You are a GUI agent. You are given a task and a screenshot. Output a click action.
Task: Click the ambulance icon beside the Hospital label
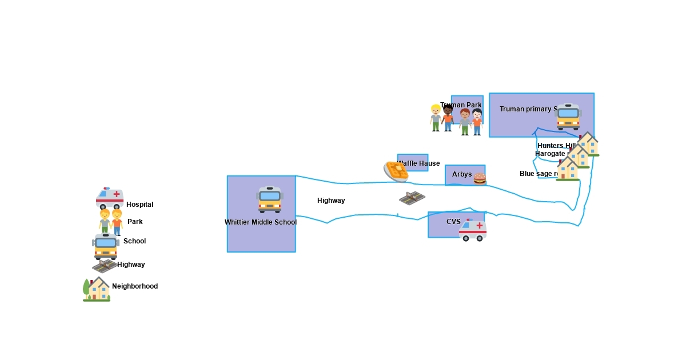(x=110, y=198)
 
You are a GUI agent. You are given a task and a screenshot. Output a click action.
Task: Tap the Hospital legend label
(x=139, y=205)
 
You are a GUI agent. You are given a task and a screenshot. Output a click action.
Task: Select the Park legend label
(x=135, y=222)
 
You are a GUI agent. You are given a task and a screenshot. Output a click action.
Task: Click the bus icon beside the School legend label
(x=105, y=246)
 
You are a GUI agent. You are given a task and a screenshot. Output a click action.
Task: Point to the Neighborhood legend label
(x=135, y=286)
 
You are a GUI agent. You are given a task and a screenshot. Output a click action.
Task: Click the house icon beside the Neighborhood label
(x=97, y=289)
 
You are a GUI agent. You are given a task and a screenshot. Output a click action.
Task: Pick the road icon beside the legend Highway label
(x=104, y=266)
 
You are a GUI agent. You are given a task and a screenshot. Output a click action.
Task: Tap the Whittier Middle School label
(x=261, y=222)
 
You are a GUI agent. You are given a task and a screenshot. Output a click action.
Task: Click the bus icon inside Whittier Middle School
(x=270, y=199)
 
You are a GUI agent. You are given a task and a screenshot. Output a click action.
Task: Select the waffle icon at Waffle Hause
(x=396, y=171)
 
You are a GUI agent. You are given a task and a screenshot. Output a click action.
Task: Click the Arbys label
(x=462, y=174)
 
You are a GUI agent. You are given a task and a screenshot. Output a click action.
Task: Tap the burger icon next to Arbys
(x=480, y=179)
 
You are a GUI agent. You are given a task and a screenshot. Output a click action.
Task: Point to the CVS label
(x=453, y=222)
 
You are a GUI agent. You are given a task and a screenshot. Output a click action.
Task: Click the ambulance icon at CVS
(x=473, y=230)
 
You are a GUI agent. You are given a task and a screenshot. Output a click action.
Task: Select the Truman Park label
(x=461, y=105)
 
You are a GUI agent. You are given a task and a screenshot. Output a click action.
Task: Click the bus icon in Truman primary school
(x=568, y=117)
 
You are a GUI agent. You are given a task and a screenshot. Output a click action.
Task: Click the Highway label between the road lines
(x=331, y=201)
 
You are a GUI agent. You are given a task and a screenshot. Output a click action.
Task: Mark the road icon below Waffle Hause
(x=412, y=198)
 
